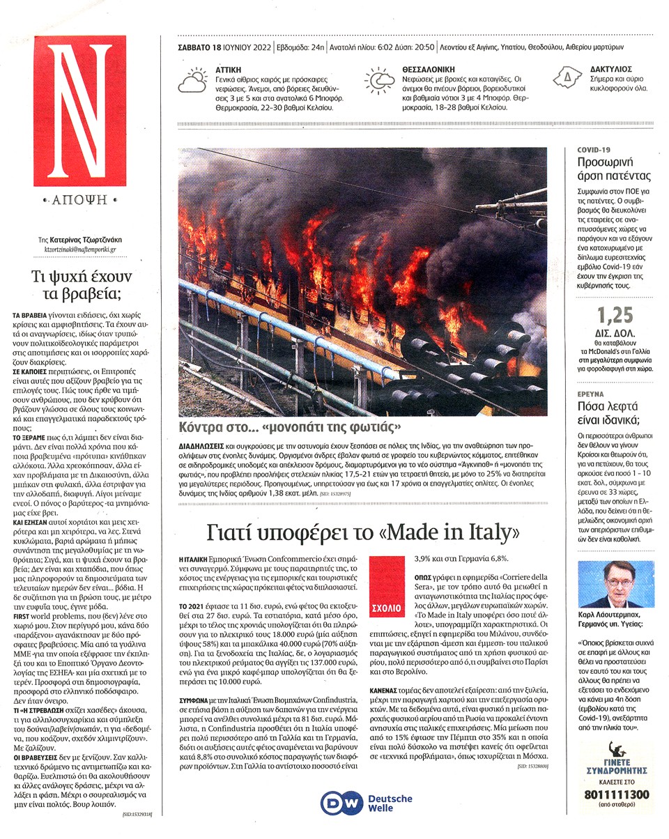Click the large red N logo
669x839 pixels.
click(x=79, y=111)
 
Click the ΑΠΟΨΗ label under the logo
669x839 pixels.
click(x=79, y=200)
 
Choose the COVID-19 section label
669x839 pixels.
click(x=594, y=150)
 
